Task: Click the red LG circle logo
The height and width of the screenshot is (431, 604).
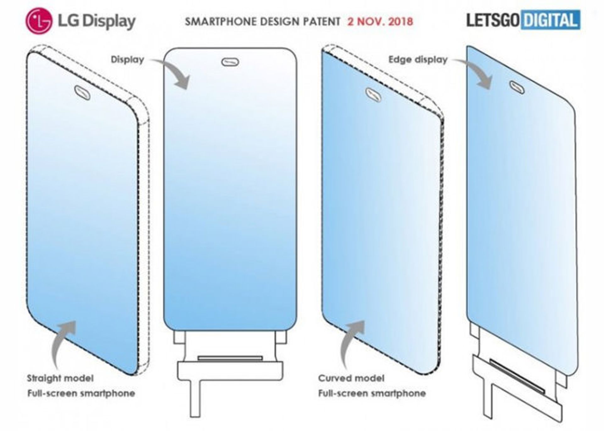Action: (39, 21)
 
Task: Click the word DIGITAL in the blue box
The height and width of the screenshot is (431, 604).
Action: (550, 20)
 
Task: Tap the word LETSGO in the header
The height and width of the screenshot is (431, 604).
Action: (493, 20)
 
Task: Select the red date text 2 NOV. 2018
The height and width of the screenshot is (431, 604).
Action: (380, 21)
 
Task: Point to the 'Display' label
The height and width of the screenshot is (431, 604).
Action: (127, 59)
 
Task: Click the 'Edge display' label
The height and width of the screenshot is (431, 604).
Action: (418, 59)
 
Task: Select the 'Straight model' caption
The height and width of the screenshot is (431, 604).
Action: (60, 378)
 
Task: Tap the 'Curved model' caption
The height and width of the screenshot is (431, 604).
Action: (351, 378)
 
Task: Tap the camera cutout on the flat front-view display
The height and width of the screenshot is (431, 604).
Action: (230, 62)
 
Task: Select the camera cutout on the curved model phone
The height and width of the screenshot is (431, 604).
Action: (373, 95)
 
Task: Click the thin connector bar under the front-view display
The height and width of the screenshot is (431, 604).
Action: (230, 358)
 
